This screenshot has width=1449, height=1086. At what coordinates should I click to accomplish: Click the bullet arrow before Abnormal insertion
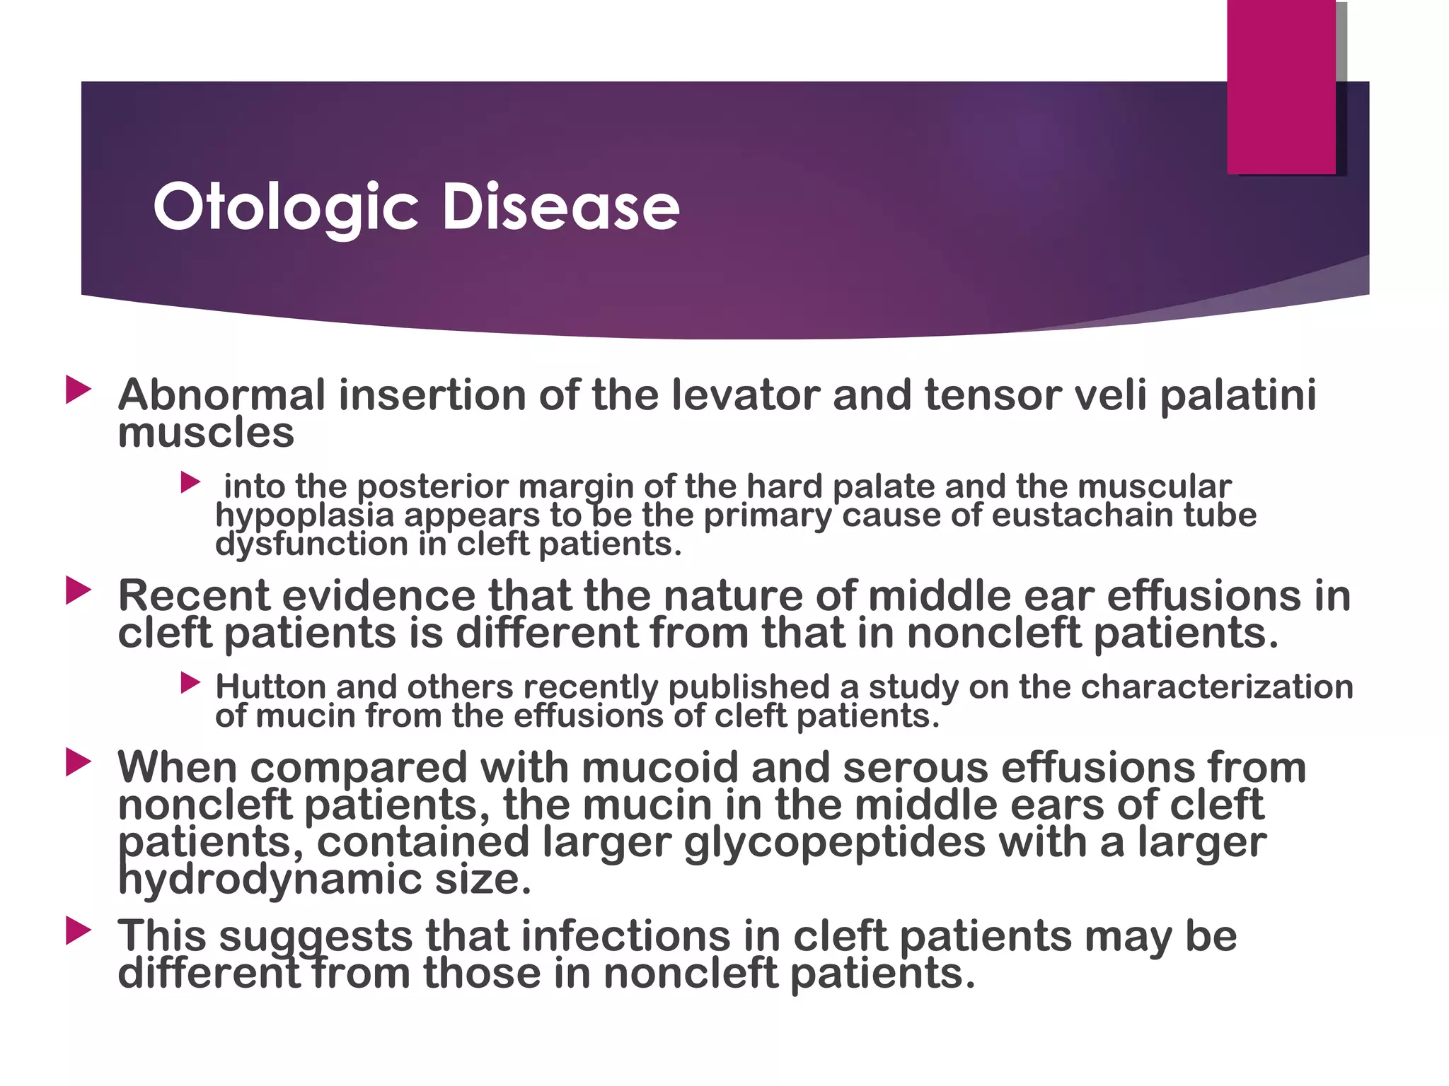click(x=78, y=390)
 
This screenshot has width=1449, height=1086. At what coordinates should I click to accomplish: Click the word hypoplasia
click(x=304, y=515)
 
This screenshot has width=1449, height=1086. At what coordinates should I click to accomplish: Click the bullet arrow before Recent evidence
click(x=78, y=590)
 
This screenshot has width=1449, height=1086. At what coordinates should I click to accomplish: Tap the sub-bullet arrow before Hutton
click(x=190, y=683)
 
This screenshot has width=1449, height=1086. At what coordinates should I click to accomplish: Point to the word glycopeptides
click(x=834, y=842)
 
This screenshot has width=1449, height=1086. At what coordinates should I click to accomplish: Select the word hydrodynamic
click(x=270, y=880)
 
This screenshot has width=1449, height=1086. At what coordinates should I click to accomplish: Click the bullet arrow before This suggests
click(x=78, y=931)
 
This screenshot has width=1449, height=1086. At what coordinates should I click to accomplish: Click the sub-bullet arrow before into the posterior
click(x=190, y=483)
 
